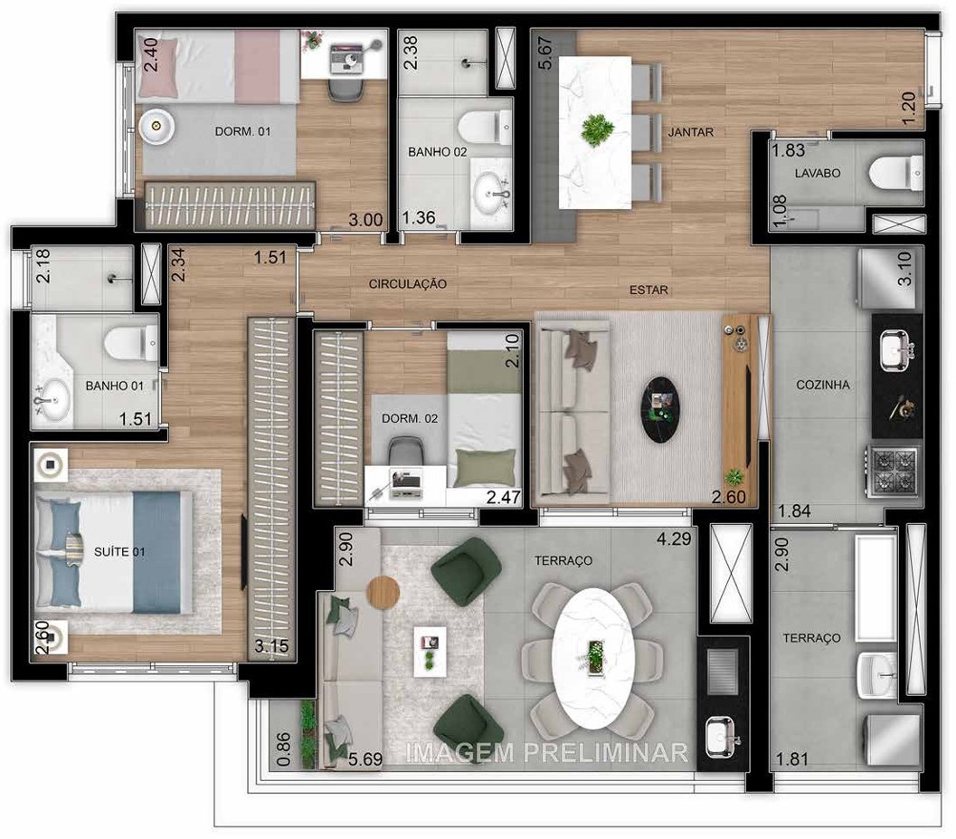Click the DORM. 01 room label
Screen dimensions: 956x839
242,131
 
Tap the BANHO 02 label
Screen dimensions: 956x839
437,151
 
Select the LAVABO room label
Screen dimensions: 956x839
817,173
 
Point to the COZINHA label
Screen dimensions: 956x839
822,385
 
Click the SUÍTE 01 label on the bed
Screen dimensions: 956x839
119,551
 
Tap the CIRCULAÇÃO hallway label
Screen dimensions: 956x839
407,283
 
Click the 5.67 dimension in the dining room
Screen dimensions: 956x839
544,53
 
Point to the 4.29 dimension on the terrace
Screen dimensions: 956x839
674,539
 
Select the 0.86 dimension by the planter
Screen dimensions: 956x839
283,748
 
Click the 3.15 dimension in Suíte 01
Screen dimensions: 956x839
271,645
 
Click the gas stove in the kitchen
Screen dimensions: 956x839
894,471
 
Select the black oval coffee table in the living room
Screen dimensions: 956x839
659,408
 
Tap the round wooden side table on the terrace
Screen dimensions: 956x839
383,592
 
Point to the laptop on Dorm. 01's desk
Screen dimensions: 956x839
345,56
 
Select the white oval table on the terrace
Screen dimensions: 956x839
592,658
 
